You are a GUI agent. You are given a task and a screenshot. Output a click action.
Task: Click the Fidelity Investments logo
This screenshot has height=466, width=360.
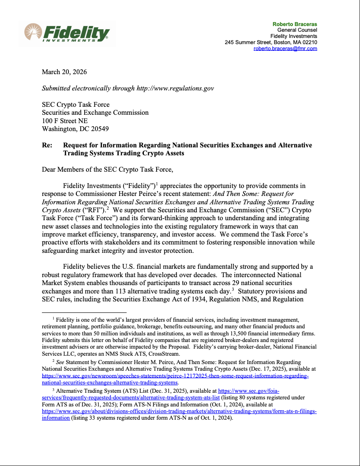point(67,33)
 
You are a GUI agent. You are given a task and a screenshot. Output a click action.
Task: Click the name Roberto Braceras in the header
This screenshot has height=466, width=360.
point(295,24)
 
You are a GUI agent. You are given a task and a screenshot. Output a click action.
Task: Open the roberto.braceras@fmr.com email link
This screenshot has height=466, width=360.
point(285,49)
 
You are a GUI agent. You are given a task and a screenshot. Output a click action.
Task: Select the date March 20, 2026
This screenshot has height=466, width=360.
point(64,72)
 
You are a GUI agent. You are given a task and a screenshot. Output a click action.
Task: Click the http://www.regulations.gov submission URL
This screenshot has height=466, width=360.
point(175,88)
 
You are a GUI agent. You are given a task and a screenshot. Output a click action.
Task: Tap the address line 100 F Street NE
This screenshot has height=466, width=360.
point(64,120)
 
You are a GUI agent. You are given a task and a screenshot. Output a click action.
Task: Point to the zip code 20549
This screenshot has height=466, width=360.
point(99,129)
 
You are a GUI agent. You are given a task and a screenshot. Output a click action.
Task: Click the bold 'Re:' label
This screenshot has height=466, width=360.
point(47,145)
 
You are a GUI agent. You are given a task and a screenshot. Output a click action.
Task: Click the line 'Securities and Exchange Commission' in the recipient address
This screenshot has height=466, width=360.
point(95,113)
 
